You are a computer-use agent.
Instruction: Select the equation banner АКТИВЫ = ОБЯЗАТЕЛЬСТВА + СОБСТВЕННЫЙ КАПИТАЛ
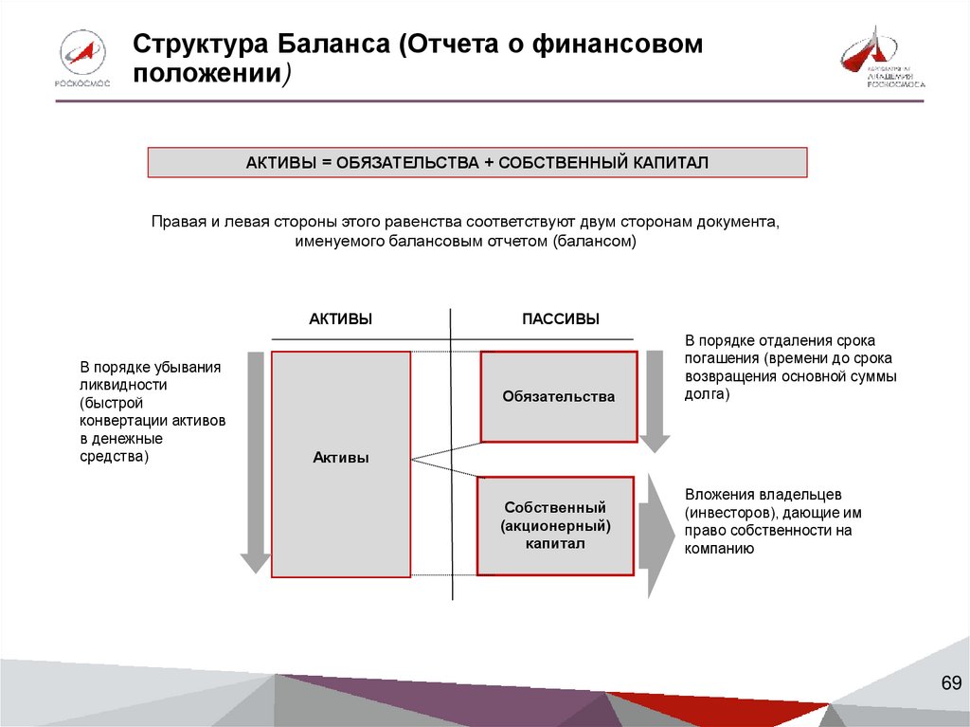[x=477, y=163]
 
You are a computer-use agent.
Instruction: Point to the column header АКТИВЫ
[x=340, y=320]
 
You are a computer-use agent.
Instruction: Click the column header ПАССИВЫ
[x=561, y=320]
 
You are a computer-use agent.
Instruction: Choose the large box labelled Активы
[x=341, y=464]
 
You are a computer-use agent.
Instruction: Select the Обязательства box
[x=559, y=396]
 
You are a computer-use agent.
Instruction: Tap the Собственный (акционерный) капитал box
[x=555, y=526]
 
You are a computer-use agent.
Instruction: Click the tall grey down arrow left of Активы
[x=254, y=462]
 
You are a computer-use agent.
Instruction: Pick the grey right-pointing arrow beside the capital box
[x=656, y=535]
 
